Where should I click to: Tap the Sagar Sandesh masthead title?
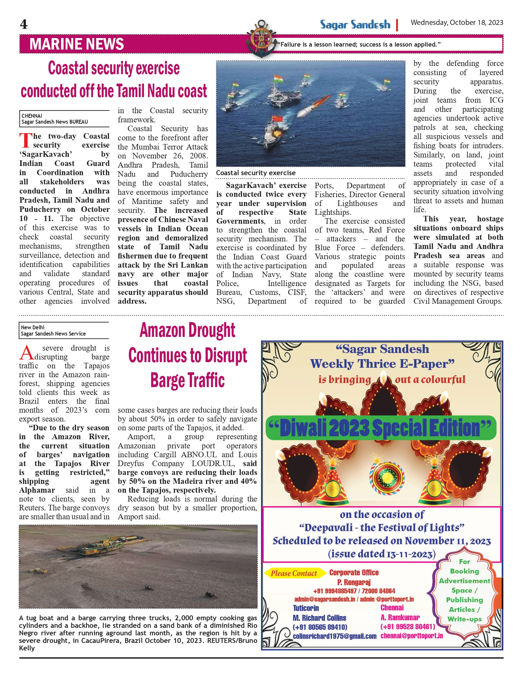[355, 25]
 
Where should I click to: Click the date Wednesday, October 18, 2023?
[457, 23]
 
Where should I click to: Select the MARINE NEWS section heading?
[76, 44]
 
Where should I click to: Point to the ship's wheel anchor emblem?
[261, 39]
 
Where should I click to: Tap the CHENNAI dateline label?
[32, 116]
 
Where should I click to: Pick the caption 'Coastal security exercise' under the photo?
[256, 173]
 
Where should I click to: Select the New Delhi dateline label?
[32, 327]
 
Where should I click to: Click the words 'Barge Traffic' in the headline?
[188, 380]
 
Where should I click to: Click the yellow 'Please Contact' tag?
[294, 573]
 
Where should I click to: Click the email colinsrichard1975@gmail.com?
[334, 636]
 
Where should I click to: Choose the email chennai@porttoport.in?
[412, 636]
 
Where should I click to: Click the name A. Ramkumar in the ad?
[400, 617]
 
